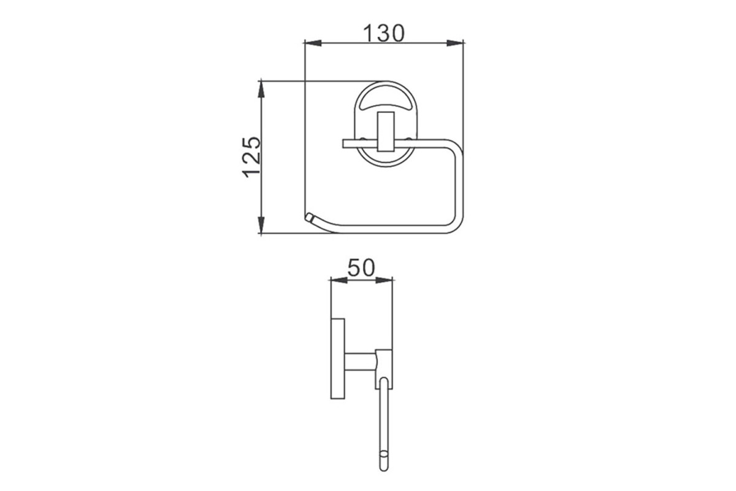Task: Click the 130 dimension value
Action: tap(384, 33)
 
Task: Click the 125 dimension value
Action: tap(251, 157)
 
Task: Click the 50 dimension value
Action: tap(361, 268)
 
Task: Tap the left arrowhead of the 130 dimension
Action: tap(313, 43)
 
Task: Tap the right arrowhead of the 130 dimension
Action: tap(455, 43)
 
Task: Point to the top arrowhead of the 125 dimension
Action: tap(261, 89)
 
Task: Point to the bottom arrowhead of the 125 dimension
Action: tap(261, 225)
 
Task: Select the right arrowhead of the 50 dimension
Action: tap(384, 280)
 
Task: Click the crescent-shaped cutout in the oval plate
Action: tap(386, 103)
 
